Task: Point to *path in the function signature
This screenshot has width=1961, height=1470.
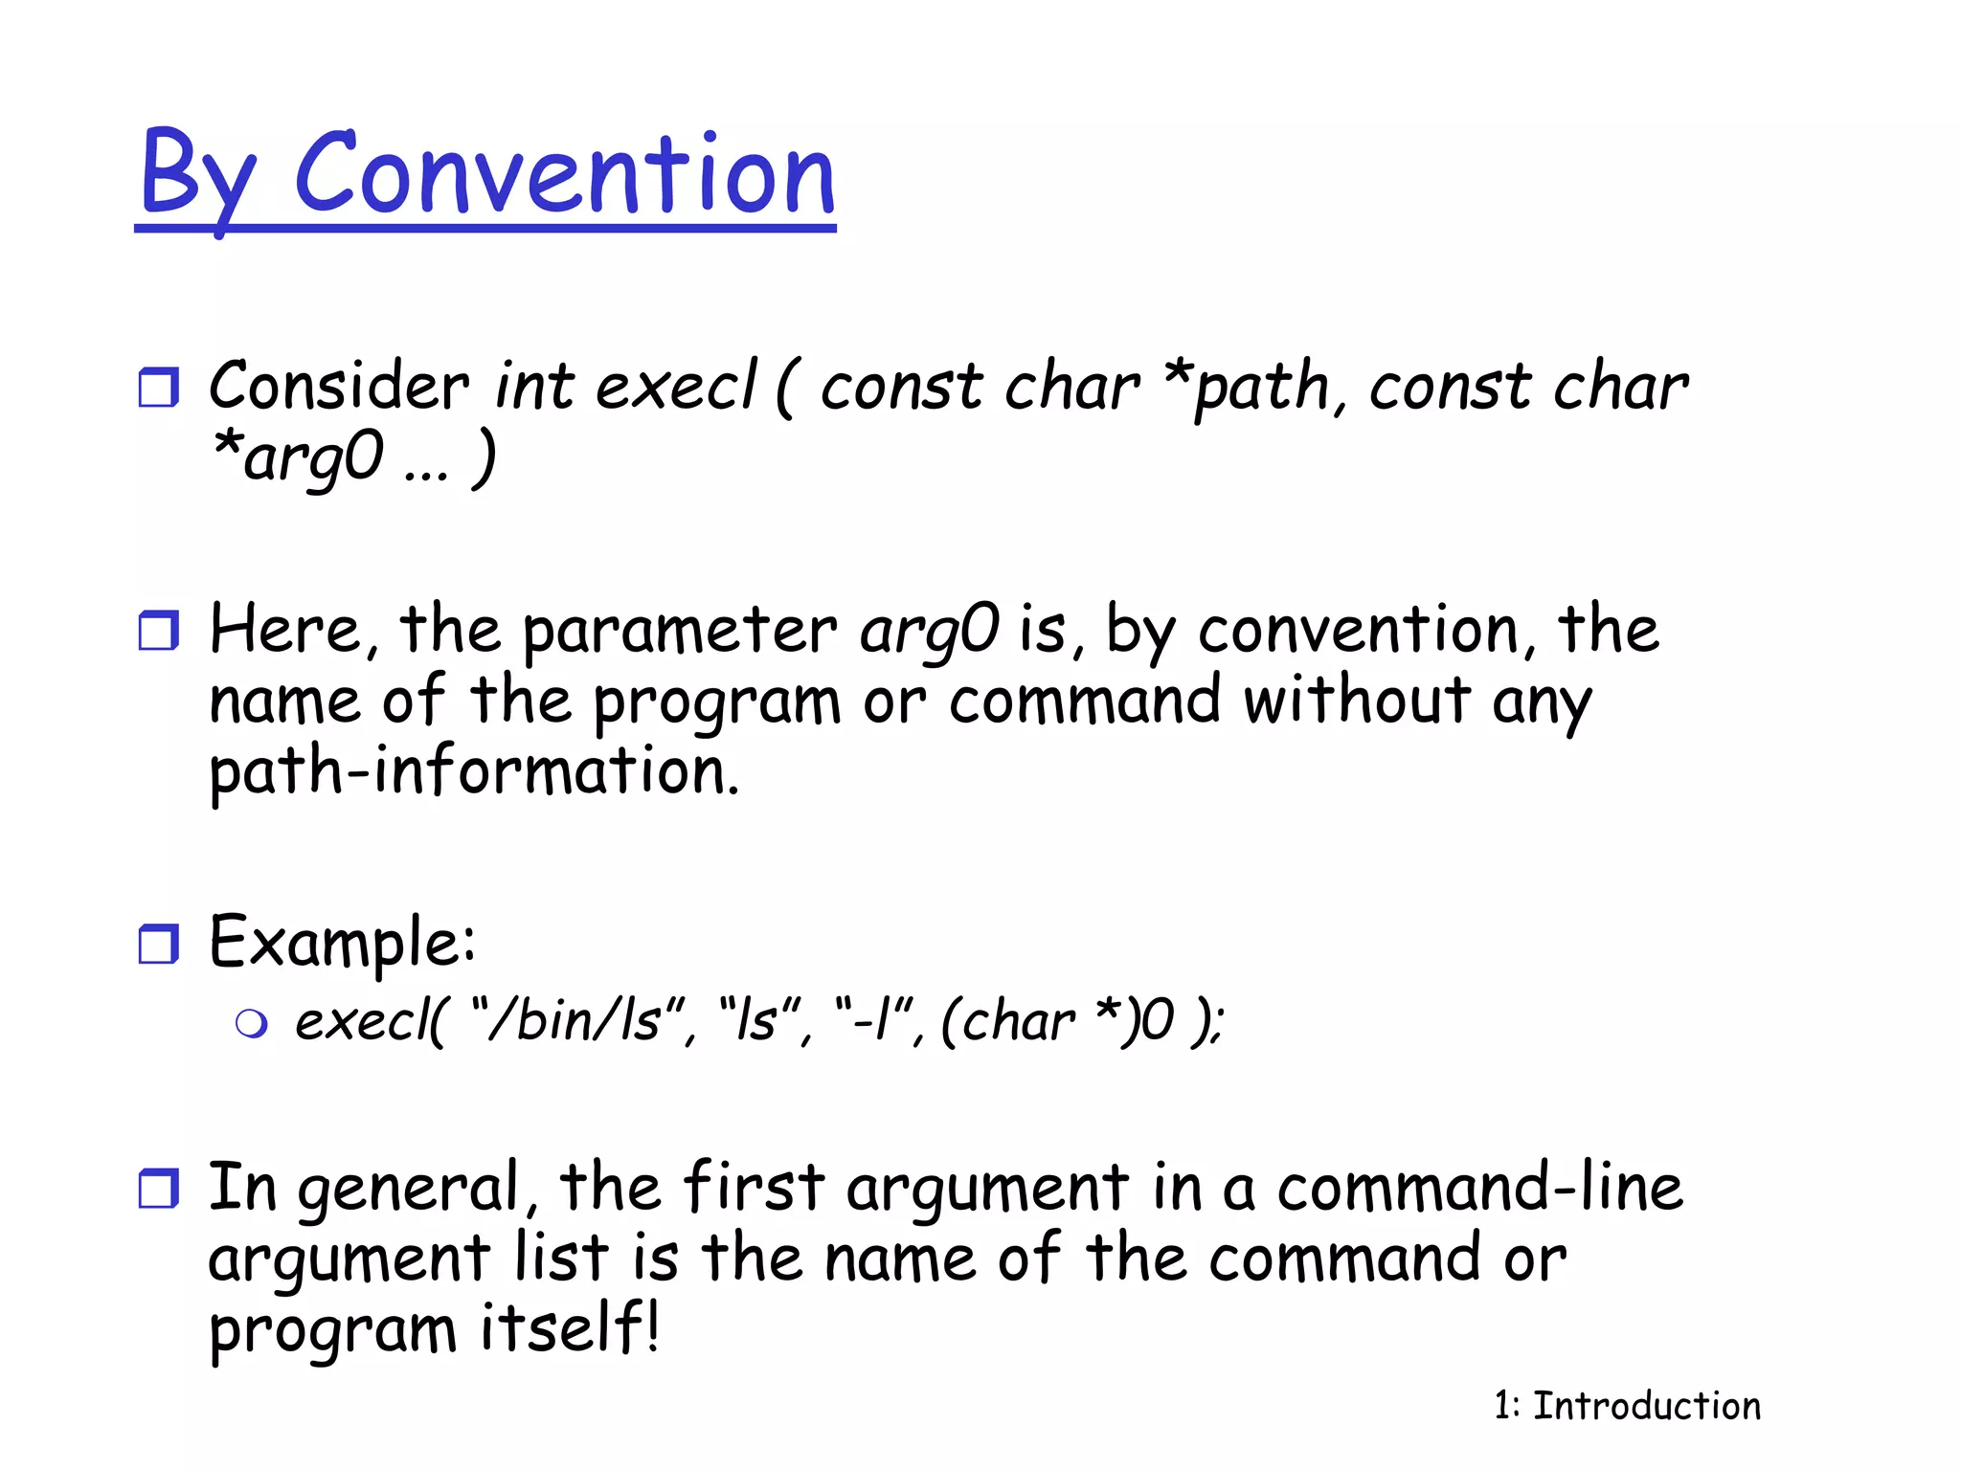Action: [x=1246, y=389]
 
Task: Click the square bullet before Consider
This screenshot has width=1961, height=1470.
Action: [x=158, y=388]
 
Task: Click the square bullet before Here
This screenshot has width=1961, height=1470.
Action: [x=158, y=631]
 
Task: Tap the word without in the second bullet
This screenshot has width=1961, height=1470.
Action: [x=1356, y=700]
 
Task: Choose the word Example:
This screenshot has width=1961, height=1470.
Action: [x=342, y=942]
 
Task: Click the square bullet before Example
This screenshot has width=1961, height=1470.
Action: [x=158, y=944]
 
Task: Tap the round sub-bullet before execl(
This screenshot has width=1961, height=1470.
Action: [x=251, y=1024]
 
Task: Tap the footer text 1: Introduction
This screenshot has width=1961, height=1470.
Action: [x=1627, y=1406]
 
